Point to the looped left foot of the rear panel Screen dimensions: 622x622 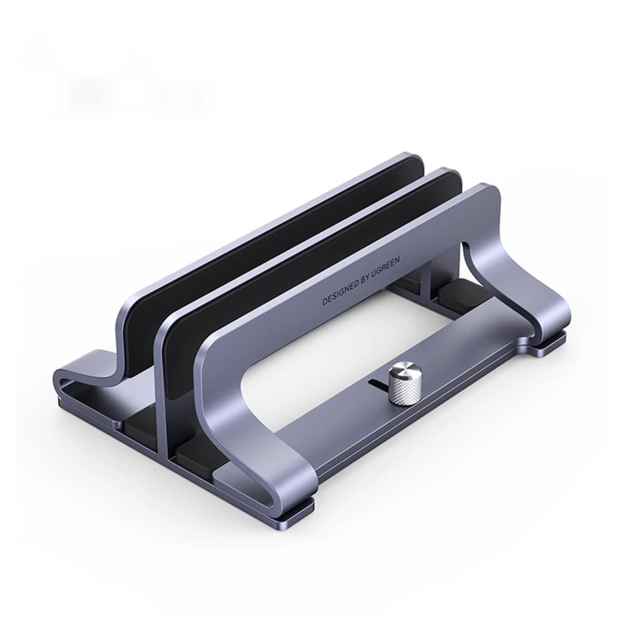(87, 379)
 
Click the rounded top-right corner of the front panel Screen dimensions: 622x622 (489, 190)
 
